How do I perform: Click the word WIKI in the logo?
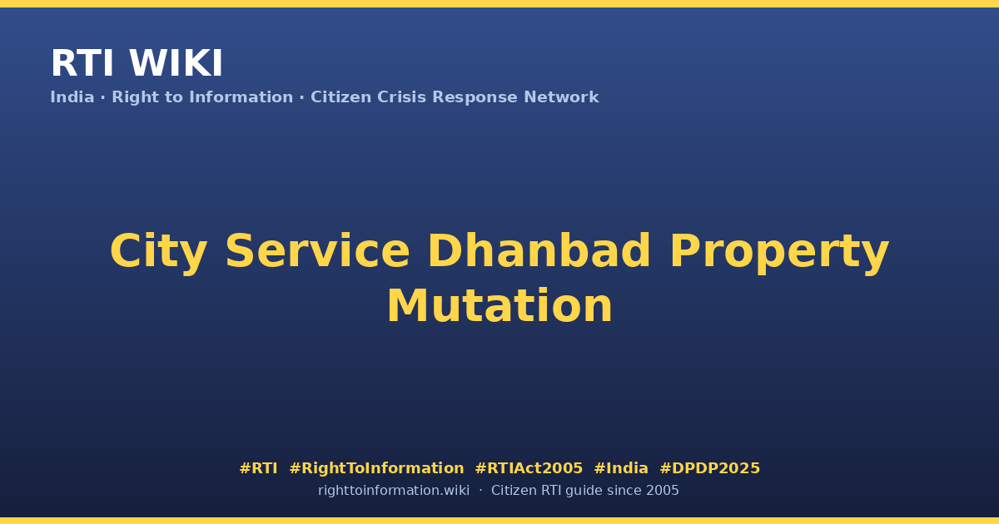176,63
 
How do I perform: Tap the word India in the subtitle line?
72,97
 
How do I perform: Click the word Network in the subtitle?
561,97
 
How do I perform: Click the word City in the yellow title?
159,252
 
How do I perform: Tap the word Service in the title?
317,250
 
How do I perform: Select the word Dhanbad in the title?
539,250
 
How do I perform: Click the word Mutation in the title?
499,306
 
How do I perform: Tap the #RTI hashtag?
258,468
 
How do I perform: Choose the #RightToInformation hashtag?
376,468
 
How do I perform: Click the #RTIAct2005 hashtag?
529,468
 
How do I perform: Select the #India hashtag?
621,468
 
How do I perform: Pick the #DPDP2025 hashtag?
709,468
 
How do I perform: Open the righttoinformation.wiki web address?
394,491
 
